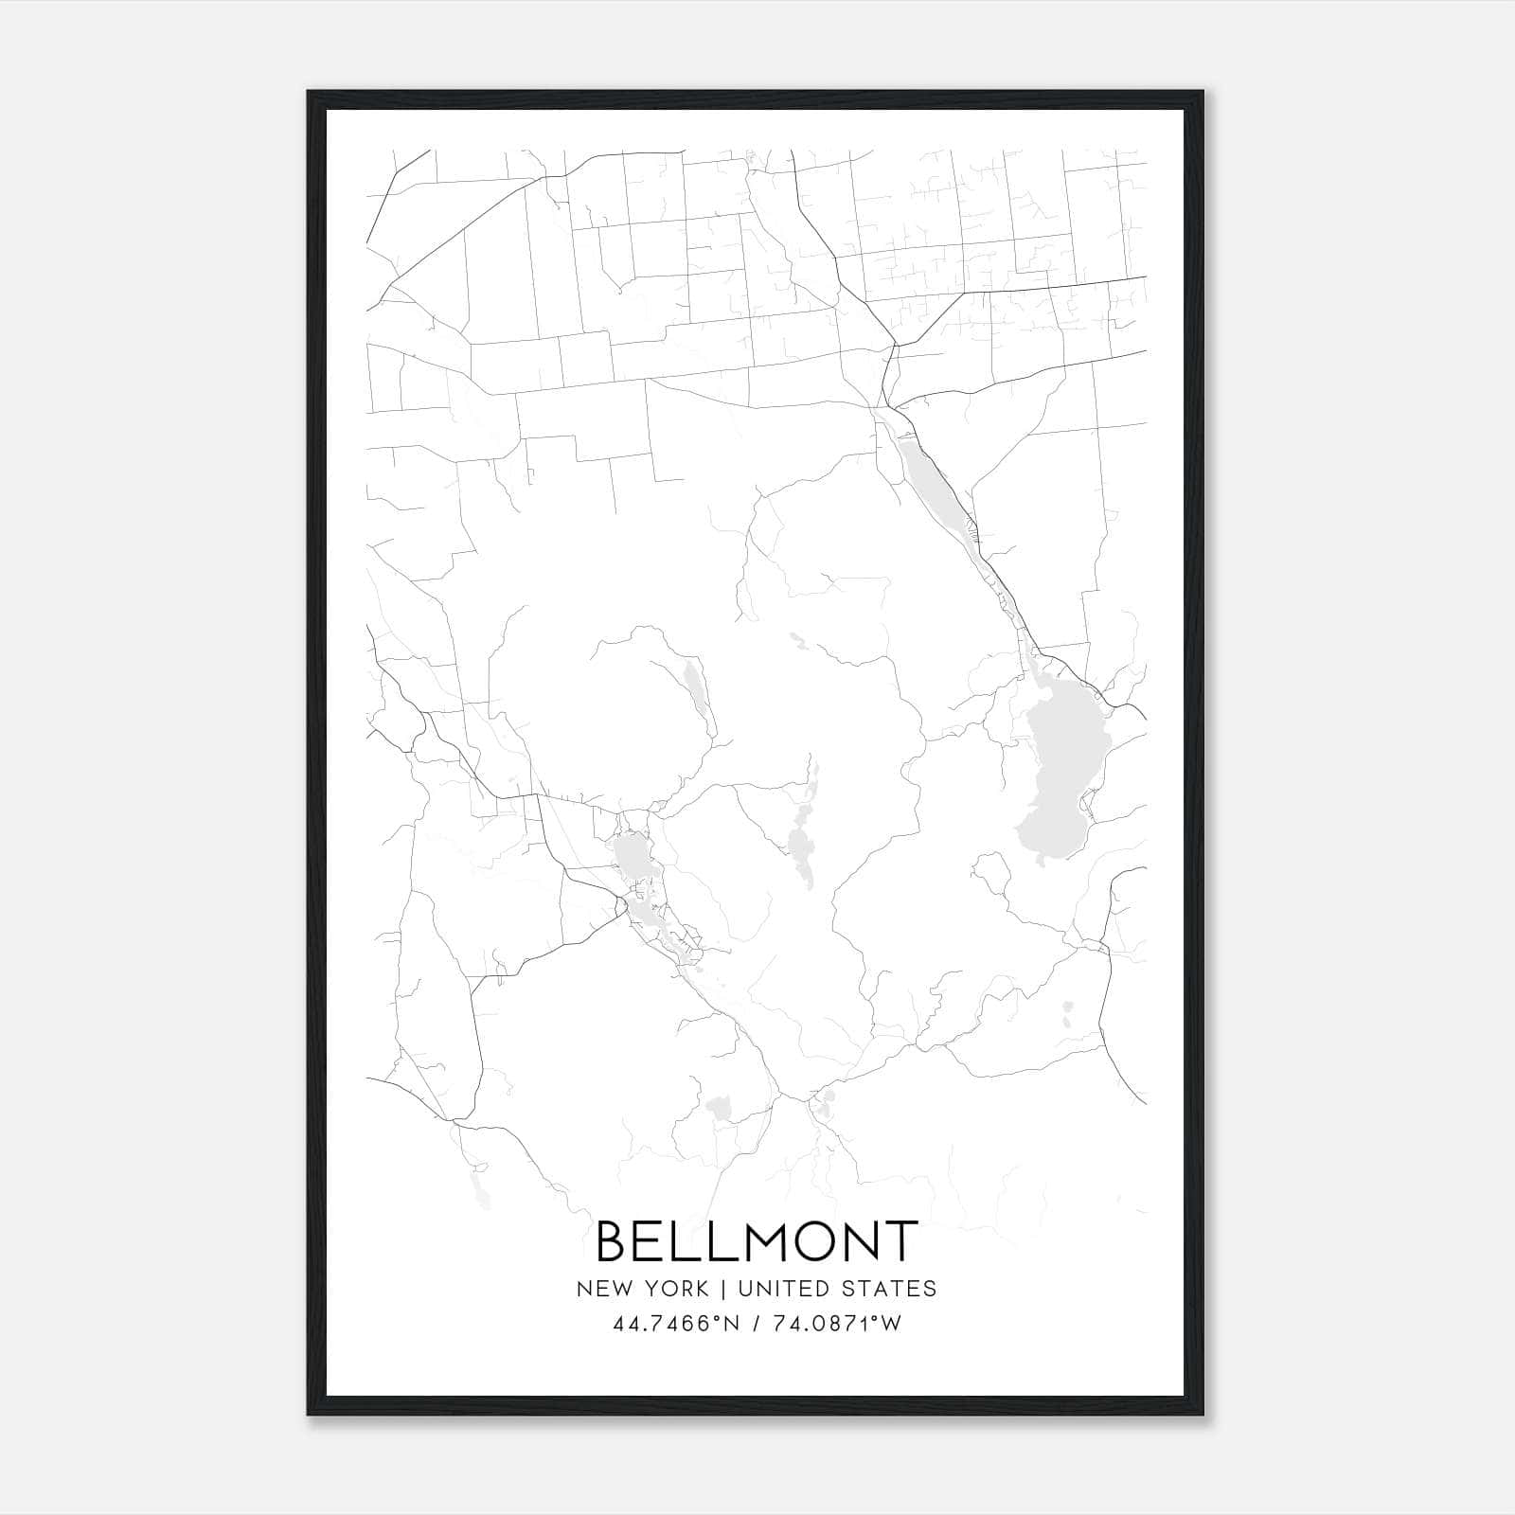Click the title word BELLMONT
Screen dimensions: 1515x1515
[757, 1240]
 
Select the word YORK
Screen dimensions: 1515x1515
[675, 1288]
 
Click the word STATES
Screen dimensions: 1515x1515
[889, 1288]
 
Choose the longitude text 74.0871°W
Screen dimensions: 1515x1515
[836, 1324]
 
